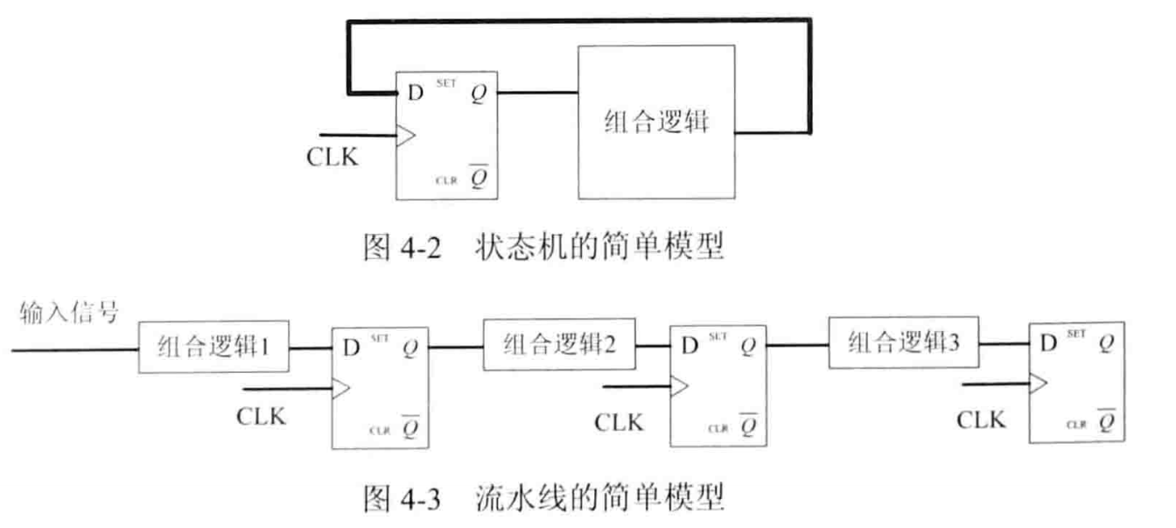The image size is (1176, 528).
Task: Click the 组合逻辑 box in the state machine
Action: point(655,122)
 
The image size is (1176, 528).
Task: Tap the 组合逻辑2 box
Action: point(561,343)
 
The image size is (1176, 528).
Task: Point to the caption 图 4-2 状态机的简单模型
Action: point(543,249)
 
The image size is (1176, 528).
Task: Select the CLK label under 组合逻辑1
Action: point(261,417)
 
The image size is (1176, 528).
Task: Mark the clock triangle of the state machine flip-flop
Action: point(406,135)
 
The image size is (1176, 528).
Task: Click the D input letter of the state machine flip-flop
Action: point(409,92)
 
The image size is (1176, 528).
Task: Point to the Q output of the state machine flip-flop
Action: point(477,92)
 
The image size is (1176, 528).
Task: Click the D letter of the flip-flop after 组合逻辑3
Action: point(1046,342)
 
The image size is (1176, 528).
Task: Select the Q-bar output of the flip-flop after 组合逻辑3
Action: point(1107,422)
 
